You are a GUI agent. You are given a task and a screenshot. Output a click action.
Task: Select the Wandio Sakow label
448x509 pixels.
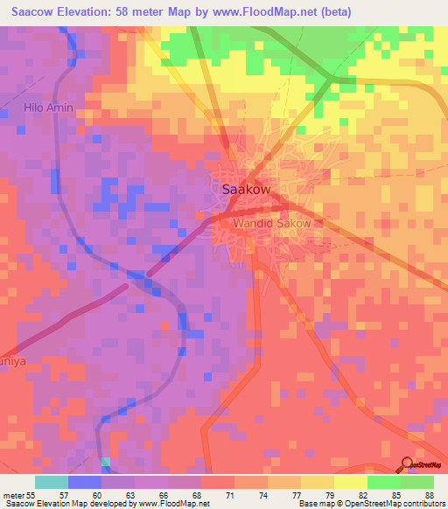coord(272,224)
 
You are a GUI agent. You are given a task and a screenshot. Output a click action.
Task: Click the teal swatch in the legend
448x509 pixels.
coord(52,482)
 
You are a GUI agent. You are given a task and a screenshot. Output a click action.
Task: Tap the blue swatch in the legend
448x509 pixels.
coord(85,482)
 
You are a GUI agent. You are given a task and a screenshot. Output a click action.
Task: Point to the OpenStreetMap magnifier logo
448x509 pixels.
coord(408,464)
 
